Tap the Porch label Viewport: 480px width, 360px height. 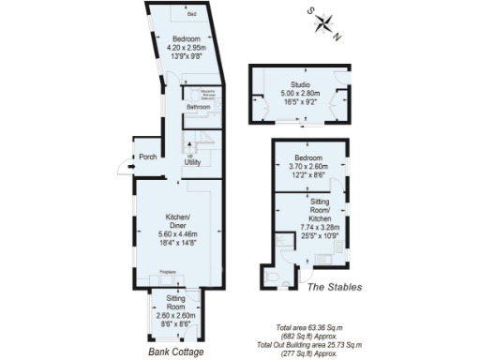tap(147, 157)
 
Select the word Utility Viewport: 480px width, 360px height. tap(193, 162)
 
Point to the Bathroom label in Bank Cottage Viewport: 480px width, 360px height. tap(198, 108)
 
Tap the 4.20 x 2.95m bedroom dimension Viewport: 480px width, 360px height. tap(186, 47)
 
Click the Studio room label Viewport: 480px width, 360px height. tap(300, 83)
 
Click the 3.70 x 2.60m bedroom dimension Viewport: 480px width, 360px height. tap(309, 166)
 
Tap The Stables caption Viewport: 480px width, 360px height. tap(336, 287)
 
